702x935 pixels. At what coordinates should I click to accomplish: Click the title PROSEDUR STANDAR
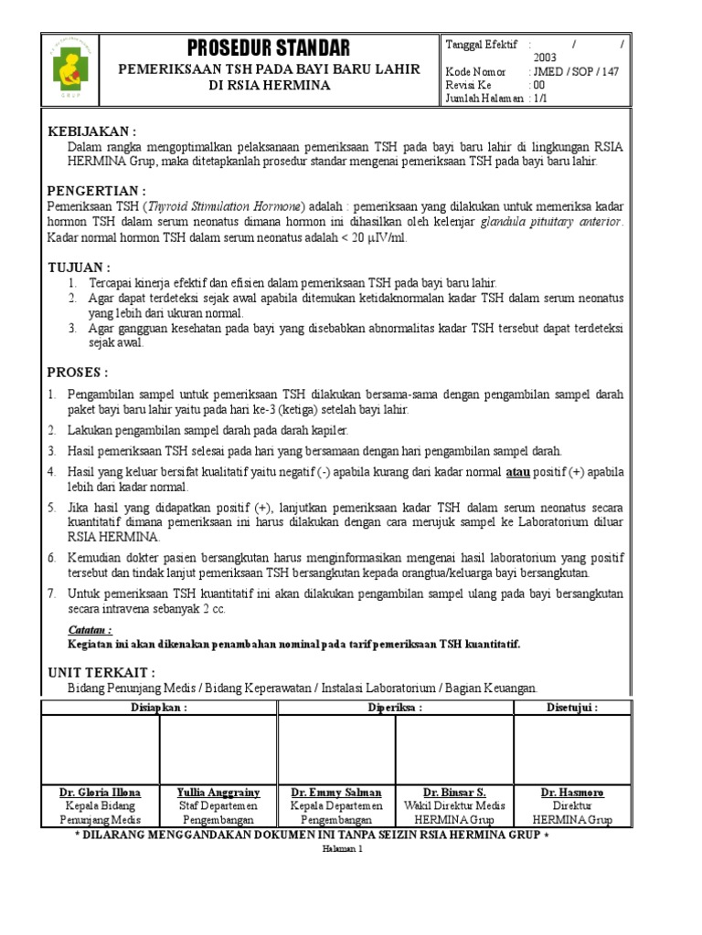[268, 47]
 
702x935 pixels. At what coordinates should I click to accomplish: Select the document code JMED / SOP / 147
[573, 71]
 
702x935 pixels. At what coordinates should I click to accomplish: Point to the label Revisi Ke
[468, 85]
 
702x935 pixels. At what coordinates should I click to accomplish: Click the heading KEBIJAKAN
[92, 131]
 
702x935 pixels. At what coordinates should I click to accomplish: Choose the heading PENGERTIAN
[97, 190]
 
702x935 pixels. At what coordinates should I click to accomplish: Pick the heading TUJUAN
[79, 268]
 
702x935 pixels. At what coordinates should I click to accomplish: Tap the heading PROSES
[78, 373]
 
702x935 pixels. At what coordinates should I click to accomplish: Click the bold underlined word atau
[518, 472]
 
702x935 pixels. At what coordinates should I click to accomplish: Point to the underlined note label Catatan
[90, 630]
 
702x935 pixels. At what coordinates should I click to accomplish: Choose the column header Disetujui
[571, 708]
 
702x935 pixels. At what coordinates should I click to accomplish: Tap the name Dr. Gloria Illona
[101, 793]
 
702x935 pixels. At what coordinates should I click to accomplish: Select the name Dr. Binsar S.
[454, 793]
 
